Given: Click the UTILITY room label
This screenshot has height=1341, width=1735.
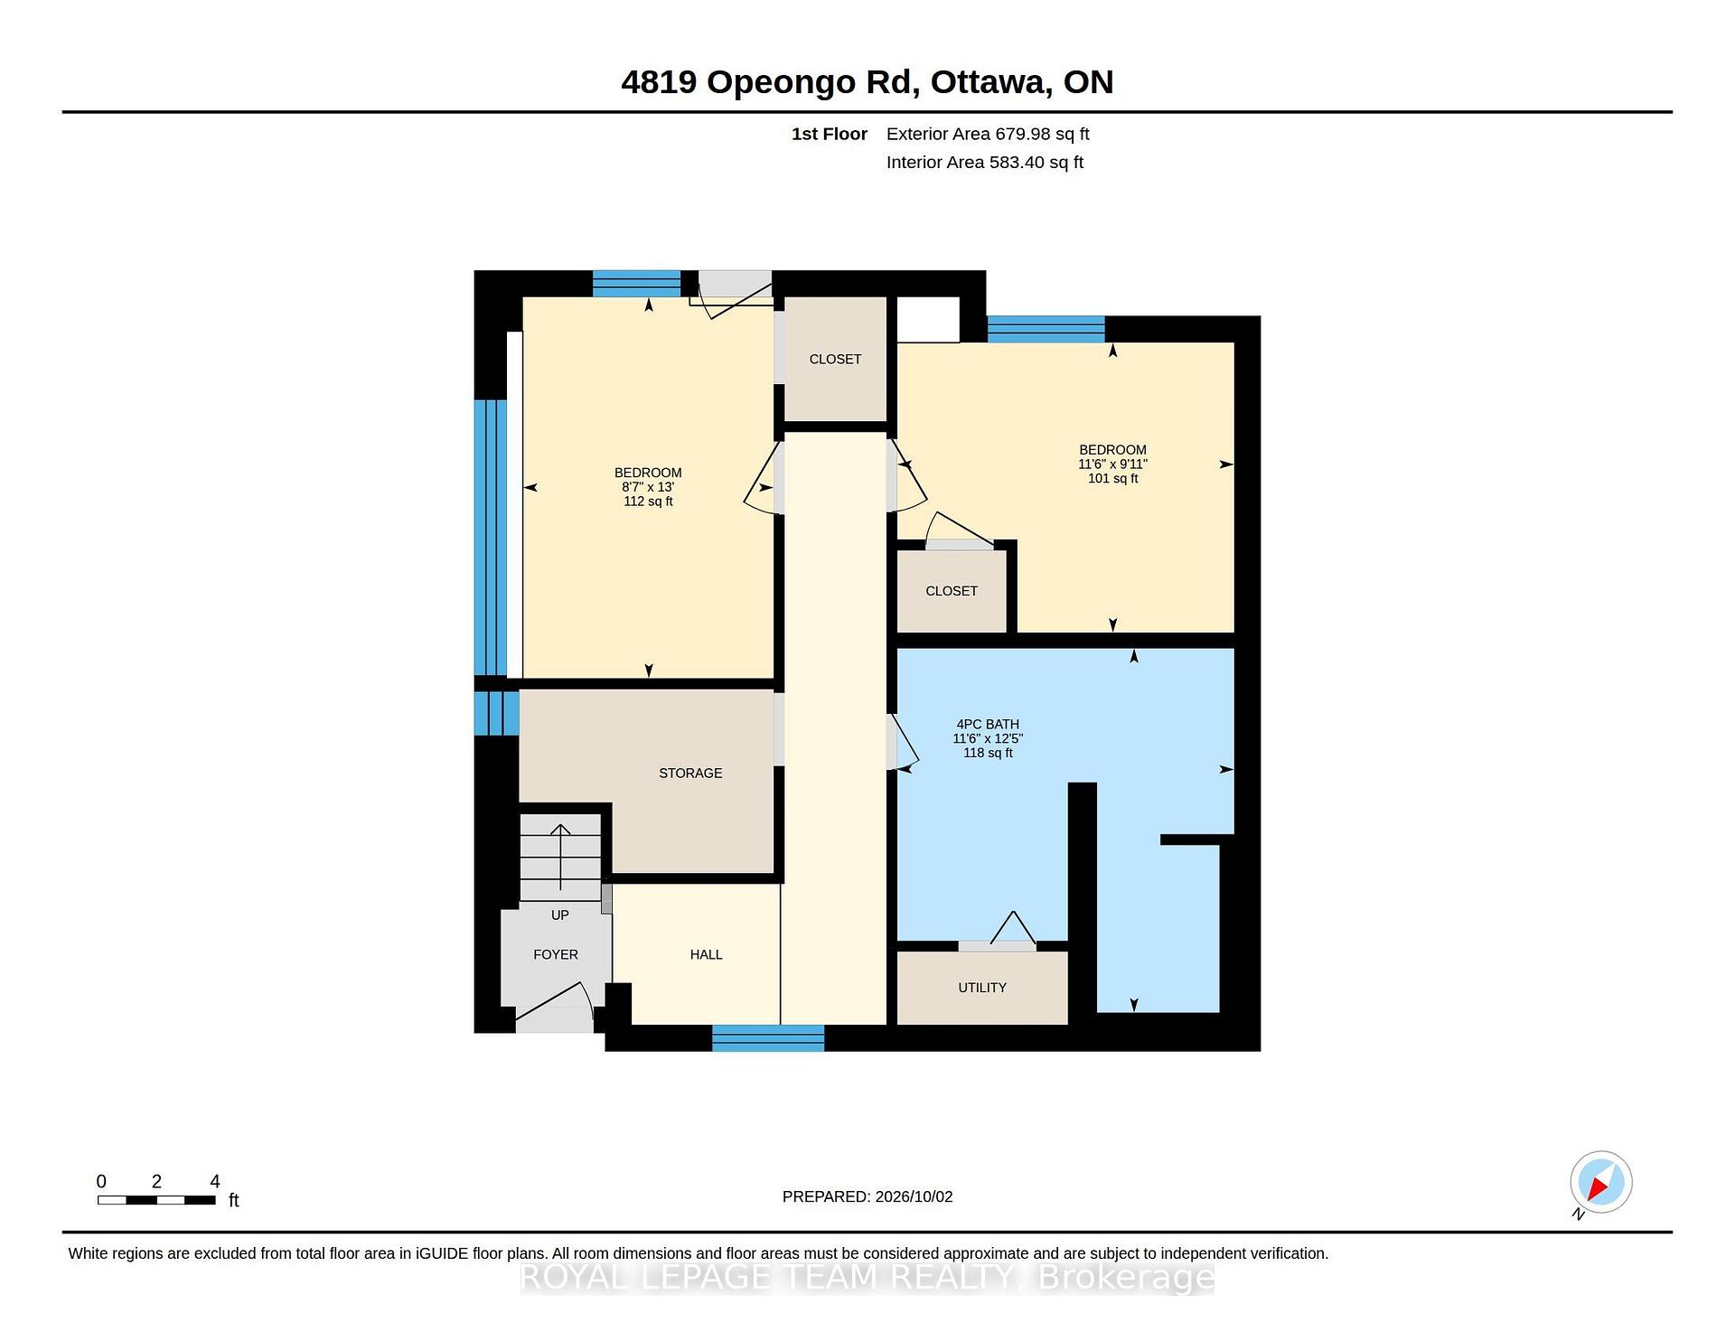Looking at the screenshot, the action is [x=982, y=988].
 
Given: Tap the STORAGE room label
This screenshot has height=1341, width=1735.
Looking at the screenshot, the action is [x=690, y=774].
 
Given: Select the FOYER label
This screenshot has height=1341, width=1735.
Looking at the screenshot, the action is [x=556, y=954].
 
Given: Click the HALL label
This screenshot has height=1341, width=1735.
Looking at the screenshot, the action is [x=706, y=954].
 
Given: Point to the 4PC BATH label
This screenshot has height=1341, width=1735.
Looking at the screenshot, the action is [x=988, y=725].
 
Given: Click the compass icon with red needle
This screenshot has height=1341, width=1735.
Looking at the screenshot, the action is [x=1600, y=1183].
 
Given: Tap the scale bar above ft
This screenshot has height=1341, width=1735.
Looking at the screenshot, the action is [x=156, y=1200].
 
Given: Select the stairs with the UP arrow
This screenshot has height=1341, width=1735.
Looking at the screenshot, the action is [x=560, y=857].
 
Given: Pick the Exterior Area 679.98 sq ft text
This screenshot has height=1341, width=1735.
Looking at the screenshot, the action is [x=988, y=134].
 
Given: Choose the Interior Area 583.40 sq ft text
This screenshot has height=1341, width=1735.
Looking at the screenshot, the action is [x=984, y=163].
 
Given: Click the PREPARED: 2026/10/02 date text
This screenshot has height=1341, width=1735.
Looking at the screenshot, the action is [x=867, y=1196].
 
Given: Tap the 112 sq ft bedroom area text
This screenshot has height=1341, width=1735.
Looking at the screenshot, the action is [x=648, y=502].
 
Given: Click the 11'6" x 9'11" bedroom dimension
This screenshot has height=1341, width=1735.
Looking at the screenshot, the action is [x=1112, y=464].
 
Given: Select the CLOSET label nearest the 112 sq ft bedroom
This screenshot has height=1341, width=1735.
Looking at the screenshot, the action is [x=835, y=360].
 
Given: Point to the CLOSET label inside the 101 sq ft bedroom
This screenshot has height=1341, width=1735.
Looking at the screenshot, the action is [x=952, y=591].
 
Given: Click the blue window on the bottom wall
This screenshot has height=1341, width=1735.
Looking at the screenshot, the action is [x=768, y=1038].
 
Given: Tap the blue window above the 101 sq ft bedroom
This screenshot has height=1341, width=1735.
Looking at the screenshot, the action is [x=1046, y=329].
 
